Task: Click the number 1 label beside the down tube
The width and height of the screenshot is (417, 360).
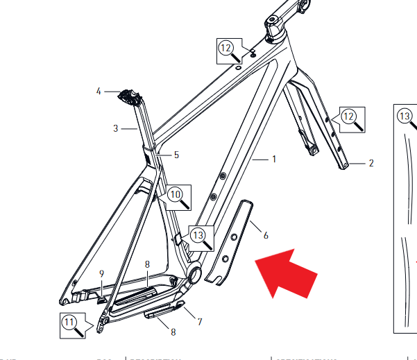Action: (x=274, y=160)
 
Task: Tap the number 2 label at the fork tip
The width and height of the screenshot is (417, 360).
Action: (x=371, y=164)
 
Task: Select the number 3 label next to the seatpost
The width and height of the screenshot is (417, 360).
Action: (x=116, y=128)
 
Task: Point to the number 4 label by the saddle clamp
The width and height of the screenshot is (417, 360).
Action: (x=99, y=91)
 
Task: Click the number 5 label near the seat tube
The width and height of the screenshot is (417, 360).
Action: (x=176, y=155)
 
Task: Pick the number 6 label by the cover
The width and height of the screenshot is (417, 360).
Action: (x=266, y=236)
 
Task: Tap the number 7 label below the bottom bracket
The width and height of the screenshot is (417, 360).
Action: (x=199, y=322)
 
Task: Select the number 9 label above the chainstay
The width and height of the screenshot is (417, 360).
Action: (x=101, y=273)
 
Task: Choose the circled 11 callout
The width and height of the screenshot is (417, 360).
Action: (x=69, y=322)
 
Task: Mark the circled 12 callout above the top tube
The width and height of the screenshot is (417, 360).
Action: (x=225, y=48)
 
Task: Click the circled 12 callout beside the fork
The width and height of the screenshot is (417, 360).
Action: (x=348, y=115)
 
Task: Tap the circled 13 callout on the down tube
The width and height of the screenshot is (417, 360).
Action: (x=199, y=236)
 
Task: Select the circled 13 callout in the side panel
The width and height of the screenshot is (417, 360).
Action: (x=405, y=115)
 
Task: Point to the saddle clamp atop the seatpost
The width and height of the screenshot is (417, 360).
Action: (x=128, y=96)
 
